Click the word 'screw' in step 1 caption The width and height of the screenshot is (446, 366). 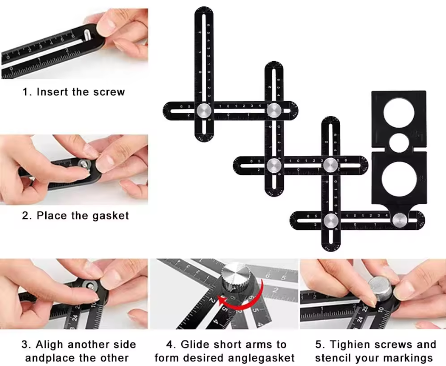point(109,92)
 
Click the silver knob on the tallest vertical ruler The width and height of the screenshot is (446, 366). point(204,111)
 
